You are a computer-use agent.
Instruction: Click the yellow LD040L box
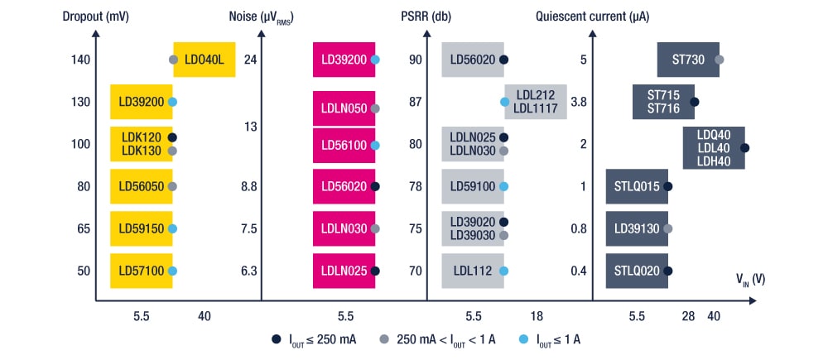205,60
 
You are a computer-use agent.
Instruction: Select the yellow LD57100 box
141,271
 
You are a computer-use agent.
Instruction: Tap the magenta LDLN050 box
344,108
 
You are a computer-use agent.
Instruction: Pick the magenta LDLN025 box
344,271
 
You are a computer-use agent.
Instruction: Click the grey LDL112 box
472,271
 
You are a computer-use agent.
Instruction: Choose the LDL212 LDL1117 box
535,102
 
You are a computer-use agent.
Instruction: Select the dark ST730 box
688,60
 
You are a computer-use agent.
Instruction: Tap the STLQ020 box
637,271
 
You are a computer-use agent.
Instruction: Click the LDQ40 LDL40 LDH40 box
714,147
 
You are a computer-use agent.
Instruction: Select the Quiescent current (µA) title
580,16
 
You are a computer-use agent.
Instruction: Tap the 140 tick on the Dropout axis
80,60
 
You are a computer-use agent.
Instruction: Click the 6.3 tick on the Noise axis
249,271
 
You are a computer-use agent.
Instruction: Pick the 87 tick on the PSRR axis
416,102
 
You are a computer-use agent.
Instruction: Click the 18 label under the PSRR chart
537,315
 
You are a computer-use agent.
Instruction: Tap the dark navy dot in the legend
277,339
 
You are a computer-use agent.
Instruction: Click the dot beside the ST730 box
720,60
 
